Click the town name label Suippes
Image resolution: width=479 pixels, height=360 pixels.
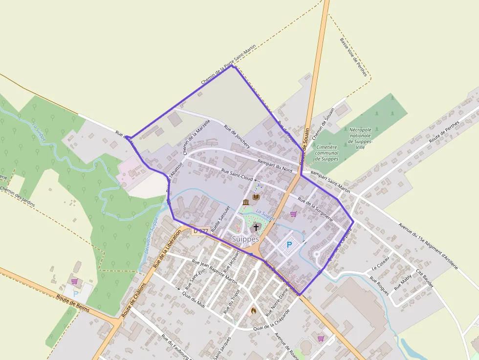(245, 239)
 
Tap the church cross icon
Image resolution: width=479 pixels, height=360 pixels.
(256, 227)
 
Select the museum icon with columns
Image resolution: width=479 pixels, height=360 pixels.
(245, 202)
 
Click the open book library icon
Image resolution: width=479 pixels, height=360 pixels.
(256, 197)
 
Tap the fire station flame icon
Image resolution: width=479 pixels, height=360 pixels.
(253, 310)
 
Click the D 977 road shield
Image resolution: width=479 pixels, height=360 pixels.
(201, 231)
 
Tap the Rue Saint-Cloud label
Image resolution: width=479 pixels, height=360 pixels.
(237, 174)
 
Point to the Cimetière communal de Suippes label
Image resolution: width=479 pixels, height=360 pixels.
(327, 152)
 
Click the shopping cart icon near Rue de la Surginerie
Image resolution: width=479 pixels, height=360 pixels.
(293, 213)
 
